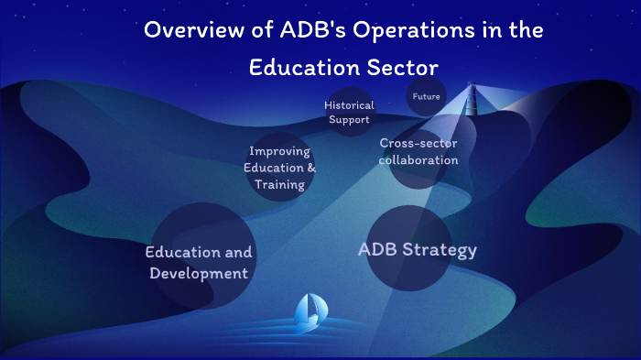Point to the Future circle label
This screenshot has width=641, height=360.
click(x=426, y=96)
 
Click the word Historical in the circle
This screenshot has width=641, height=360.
click(x=349, y=105)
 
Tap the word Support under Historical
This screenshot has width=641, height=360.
click(x=349, y=119)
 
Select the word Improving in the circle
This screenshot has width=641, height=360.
click(x=279, y=151)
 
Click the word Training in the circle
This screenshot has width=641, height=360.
click(x=279, y=183)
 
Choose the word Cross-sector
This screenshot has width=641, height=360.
click(x=418, y=144)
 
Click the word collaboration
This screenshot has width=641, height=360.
click(x=418, y=160)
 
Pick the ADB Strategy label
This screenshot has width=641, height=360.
click(x=417, y=249)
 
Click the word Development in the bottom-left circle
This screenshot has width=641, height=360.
click(x=199, y=273)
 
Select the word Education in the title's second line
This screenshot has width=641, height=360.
click(x=308, y=68)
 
